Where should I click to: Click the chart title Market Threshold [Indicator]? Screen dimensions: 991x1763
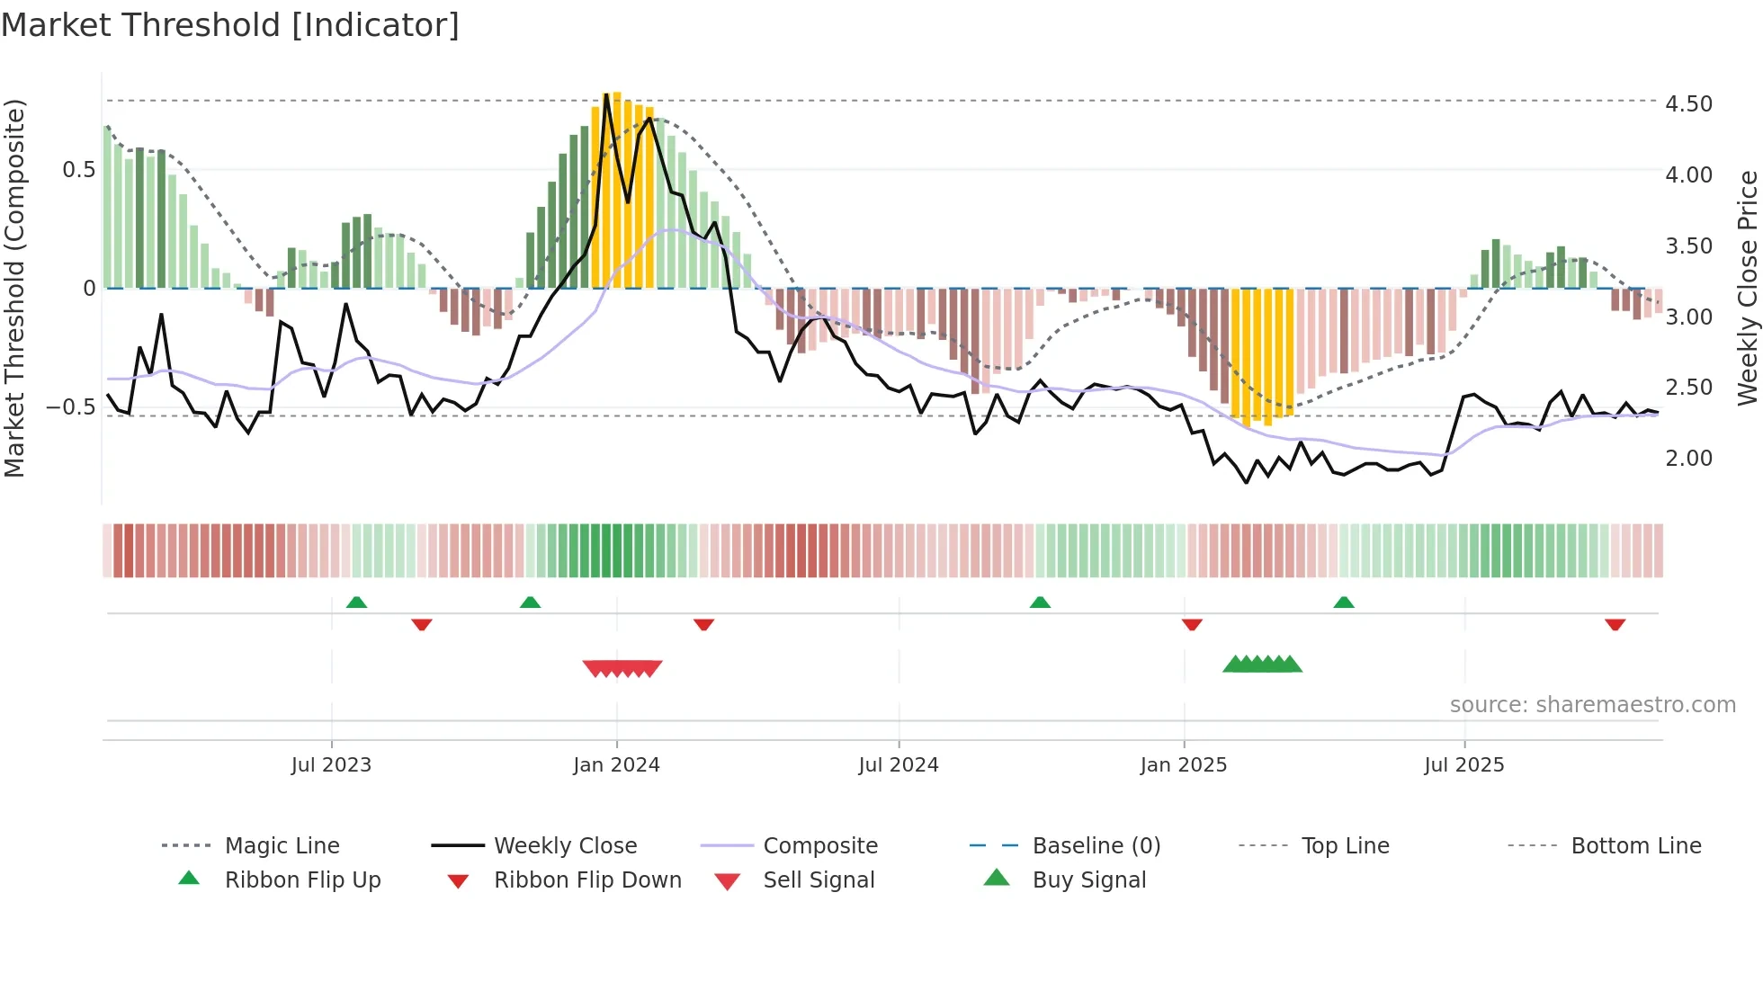point(230,25)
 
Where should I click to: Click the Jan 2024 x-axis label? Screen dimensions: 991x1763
point(616,765)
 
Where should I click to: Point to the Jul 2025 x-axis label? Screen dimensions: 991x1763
point(1463,765)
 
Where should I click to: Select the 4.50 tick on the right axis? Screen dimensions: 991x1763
point(1688,104)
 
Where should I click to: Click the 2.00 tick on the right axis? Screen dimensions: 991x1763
point(1688,459)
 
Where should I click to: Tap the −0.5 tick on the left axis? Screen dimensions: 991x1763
point(71,407)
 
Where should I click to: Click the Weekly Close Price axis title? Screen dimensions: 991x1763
point(1747,288)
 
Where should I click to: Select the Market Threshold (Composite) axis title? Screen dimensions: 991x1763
point(14,288)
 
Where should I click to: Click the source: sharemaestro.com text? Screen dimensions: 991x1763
point(1592,705)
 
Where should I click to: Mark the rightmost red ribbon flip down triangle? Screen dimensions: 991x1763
point(1615,624)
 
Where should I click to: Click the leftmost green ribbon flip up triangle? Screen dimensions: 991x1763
point(356,602)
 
